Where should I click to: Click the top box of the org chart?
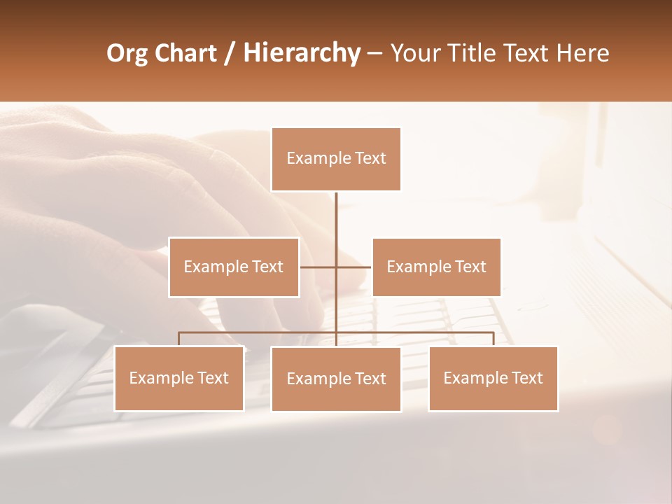click(x=336, y=159)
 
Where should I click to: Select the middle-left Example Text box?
click(x=234, y=267)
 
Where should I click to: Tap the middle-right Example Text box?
click(x=436, y=267)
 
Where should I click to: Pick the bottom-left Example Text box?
click(x=179, y=378)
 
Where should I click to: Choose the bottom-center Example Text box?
click(x=336, y=379)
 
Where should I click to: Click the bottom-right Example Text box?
click(x=493, y=378)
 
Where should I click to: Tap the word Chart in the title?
click(x=185, y=54)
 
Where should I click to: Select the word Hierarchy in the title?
click(x=301, y=54)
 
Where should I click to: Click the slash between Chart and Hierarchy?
click(x=230, y=54)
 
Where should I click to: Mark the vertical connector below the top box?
click(x=336, y=217)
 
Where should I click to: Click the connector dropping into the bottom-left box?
click(x=179, y=339)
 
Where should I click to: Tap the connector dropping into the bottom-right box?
click(x=493, y=339)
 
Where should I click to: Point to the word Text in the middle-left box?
click(x=267, y=267)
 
